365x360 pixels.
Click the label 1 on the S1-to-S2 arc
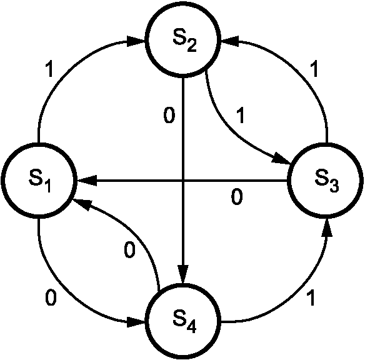click(x=49, y=69)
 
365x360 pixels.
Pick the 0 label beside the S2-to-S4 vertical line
click(x=169, y=115)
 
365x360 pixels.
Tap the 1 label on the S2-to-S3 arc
click(x=241, y=115)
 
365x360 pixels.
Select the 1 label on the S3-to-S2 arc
click(x=314, y=69)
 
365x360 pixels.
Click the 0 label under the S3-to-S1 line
click(x=237, y=197)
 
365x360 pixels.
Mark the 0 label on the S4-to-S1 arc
click(x=129, y=250)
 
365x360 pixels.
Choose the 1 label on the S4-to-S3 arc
click(x=311, y=298)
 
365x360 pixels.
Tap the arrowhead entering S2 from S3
click(x=230, y=41)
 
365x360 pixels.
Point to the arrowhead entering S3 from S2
click(x=282, y=159)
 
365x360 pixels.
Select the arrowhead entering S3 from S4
click(x=327, y=227)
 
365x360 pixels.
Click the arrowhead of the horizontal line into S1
click(x=86, y=181)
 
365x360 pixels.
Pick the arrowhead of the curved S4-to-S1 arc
click(x=81, y=204)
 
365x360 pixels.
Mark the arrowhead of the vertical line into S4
click(x=183, y=274)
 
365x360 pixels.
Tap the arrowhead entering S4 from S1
click(x=136, y=322)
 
